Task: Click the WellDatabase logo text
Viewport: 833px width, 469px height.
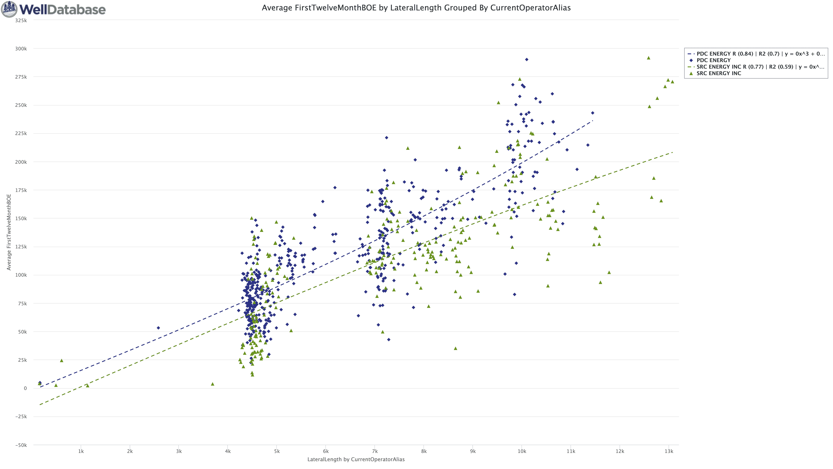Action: click(62, 9)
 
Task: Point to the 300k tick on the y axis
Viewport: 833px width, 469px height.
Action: click(21, 49)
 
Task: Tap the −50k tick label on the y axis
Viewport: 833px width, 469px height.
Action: click(21, 445)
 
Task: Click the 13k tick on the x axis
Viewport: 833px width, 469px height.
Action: click(669, 451)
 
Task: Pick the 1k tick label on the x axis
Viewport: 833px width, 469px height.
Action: click(81, 451)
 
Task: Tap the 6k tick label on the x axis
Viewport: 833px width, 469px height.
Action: click(326, 451)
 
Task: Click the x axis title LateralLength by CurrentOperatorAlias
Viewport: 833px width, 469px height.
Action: click(356, 459)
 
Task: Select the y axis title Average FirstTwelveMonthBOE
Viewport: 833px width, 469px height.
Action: click(9, 232)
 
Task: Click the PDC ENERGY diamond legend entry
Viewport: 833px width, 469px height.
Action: click(713, 60)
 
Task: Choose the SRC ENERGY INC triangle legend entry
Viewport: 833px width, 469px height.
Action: click(718, 73)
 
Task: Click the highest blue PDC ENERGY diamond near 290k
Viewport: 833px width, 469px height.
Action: click(526, 59)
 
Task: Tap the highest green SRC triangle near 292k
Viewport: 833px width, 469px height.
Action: click(648, 58)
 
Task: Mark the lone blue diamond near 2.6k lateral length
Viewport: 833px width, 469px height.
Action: click(158, 328)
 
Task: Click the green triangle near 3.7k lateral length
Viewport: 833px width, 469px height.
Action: click(212, 384)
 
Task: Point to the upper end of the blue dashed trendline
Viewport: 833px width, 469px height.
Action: click(592, 121)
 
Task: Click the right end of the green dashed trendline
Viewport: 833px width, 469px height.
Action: click(672, 152)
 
